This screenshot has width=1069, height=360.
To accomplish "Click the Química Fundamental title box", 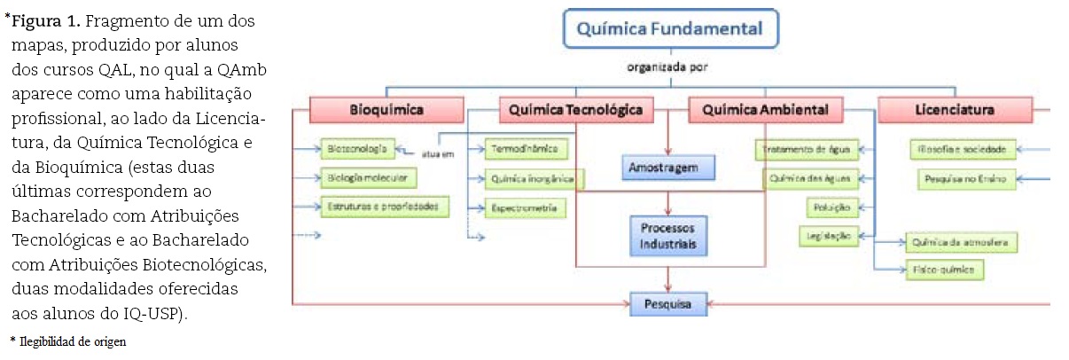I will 669,29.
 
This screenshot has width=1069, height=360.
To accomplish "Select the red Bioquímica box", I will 386,110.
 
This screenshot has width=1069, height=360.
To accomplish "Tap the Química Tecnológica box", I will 576,110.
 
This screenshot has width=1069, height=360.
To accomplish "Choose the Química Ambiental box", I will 765,110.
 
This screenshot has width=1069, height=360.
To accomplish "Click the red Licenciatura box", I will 954,110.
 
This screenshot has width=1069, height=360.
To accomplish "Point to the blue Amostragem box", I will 668,167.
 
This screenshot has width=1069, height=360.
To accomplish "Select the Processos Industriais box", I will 668,236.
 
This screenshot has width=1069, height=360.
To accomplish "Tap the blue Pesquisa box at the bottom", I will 668,304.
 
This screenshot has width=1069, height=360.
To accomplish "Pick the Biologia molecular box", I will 369,177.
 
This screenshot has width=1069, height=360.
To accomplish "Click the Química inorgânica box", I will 534,179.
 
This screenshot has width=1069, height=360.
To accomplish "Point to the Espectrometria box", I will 524,207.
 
